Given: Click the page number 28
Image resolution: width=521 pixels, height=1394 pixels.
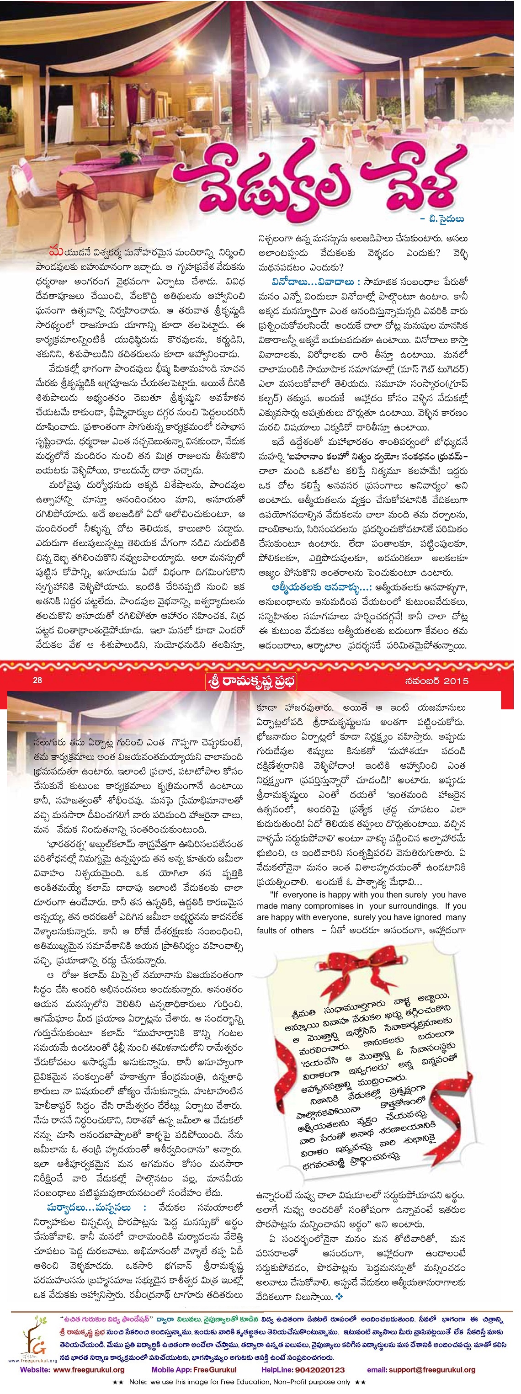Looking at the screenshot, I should click(x=37, y=680).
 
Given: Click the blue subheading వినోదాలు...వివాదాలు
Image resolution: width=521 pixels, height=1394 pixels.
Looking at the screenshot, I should click(x=313, y=282).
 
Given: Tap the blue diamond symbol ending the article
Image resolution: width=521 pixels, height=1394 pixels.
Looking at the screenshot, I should click(x=339, y=1297).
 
